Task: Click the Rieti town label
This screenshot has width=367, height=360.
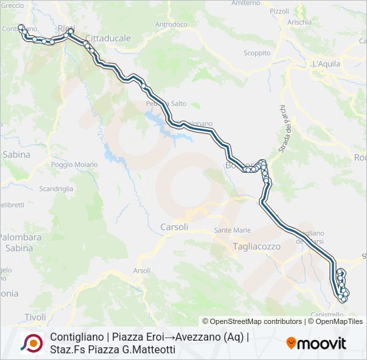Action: [x=65, y=27]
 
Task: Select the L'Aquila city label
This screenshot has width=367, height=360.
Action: [x=327, y=64]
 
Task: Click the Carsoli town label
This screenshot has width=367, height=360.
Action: [x=174, y=227]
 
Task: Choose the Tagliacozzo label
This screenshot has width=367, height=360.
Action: [x=257, y=246]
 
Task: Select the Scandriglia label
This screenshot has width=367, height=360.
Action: [x=56, y=189]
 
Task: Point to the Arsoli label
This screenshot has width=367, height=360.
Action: [x=141, y=271]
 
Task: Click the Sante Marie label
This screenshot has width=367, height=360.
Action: [x=232, y=231]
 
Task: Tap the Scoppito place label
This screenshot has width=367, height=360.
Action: [x=257, y=53]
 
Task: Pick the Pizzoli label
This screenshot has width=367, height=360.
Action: [x=279, y=11]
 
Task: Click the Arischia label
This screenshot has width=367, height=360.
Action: [x=299, y=22]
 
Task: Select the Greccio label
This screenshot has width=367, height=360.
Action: [x=12, y=5]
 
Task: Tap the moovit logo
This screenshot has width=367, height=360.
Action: [x=316, y=343]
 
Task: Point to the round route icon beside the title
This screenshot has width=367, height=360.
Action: [x=31, y=343]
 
